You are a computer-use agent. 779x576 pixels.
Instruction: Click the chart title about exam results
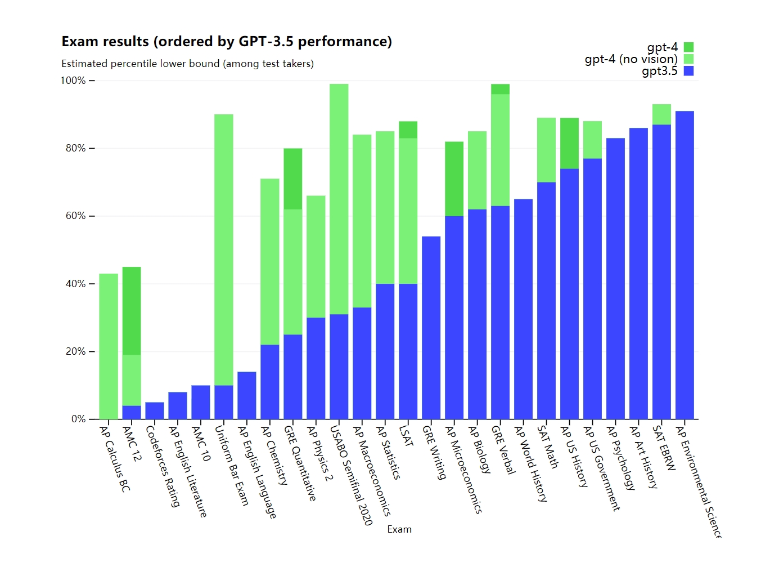pos(227,42)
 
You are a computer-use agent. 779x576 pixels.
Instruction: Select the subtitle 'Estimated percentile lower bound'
pos(187,64)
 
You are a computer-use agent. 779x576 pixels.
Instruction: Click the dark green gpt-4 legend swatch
pos(688,47)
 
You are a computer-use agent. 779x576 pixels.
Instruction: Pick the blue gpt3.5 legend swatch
pos(688,71)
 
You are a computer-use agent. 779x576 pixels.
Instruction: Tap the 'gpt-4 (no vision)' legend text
pos(631,59)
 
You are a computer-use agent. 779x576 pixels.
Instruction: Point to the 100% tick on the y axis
pos(74,81)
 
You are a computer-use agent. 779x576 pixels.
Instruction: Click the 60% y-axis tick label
pos(76,216)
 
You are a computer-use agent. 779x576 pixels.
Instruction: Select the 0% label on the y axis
pos(79,419)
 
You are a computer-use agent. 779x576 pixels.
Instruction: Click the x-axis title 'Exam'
pos(399,529)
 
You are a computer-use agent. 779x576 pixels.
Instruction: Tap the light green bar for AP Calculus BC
pos(109,346)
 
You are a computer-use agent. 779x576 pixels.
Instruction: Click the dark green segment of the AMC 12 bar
pos(132,311)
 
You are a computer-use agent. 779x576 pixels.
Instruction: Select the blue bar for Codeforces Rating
pos(155,411)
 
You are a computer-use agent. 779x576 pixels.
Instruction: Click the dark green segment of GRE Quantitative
pos(293,179)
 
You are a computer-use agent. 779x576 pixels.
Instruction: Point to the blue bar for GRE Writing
pos(431,328)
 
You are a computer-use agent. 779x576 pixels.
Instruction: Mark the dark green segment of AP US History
pos(569,144)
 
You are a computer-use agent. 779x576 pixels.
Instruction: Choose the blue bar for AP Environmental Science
pos(685,265)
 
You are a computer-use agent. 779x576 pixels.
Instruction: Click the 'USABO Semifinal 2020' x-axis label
pos(352,476)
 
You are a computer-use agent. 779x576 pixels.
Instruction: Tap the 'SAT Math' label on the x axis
pos(548,447)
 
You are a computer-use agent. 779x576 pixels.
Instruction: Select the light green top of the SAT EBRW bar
pos(661,114)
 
